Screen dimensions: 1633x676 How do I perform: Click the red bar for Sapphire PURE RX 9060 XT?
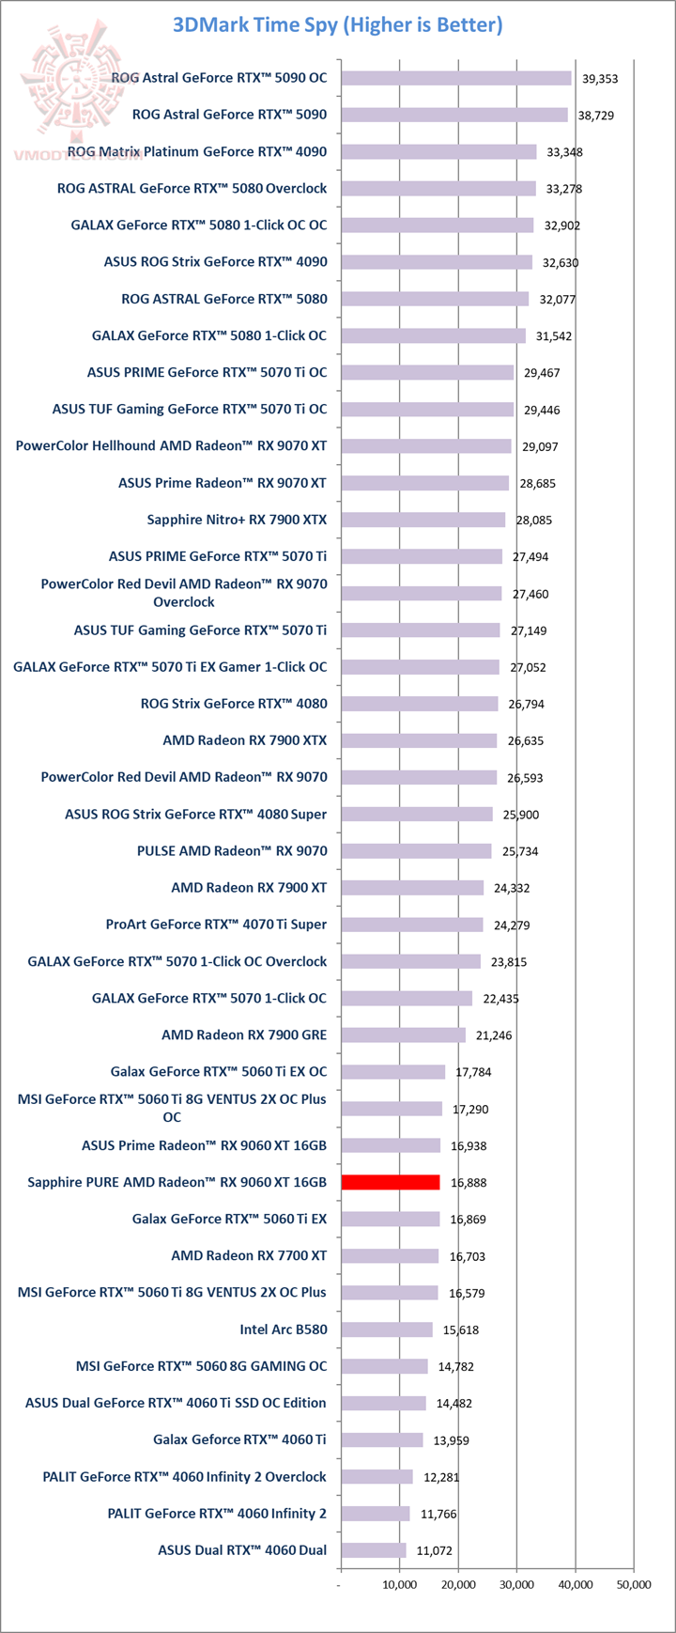click(x=391, y=1182)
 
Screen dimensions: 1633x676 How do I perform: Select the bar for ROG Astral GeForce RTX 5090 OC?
click(x=456, y=78)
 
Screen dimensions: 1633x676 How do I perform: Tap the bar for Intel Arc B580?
click(x=387, y=1330)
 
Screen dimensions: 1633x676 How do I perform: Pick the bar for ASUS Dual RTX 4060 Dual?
click(x=374, y=1549)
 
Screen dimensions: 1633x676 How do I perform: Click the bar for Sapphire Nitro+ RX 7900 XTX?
click(x=423, y=520)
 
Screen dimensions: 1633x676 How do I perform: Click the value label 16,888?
click(x=469, y=1183)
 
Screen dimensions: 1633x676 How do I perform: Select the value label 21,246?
click(x=494, y=1035)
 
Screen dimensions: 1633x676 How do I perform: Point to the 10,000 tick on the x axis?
click(x=400, y=1584)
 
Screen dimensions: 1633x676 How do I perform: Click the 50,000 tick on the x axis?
click(x=634, y=1584)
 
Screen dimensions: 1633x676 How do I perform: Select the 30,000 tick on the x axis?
click(x=517, y=1584)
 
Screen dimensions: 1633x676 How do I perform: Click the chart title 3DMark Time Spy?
click(x=337, y=24)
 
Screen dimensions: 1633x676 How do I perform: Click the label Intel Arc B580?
click(x=284, y=1329)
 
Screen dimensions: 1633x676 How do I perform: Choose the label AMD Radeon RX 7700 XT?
click(x=249, y=1255)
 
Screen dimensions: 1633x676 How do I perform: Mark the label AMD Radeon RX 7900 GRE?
click(x=244, y=1034)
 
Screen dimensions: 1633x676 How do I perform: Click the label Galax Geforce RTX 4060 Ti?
click(x=239, y=1439)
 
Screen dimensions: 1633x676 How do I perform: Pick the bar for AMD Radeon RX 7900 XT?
click(x=412, y=887)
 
